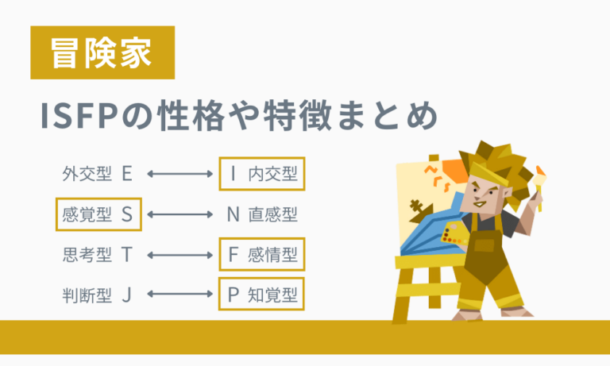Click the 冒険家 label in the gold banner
point(102,52)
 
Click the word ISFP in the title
point(76,117)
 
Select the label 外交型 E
point(96,174)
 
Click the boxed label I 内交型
point(262,174)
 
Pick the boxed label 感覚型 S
point(98,214)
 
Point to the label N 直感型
point(262,214)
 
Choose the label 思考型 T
point(96,256)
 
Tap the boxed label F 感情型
point(262,256)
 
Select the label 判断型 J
point(96,296)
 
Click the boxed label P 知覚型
point(262,296)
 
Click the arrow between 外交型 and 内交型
point(177,174)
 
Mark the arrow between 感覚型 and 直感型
point(177,214)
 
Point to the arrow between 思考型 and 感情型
point(177,256)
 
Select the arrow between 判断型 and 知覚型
point(177,296)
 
